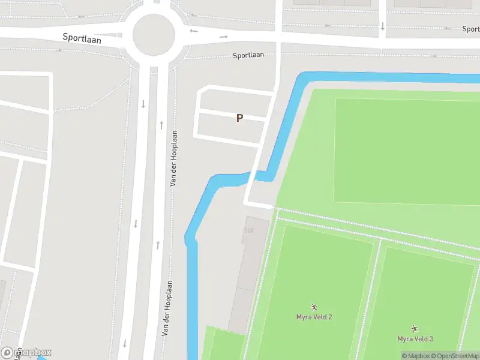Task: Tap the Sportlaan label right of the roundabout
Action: coord(249,55)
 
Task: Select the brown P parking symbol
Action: coord(239,118)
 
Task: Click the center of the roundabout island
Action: coord(154,35)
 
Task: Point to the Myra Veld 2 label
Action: coord(314,317)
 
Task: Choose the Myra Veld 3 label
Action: coord(415,339)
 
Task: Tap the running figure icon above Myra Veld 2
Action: coord(314,307)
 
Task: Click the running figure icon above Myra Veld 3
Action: coord(415,329)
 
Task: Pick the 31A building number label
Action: coord(248,230)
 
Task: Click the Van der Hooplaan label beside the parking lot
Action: coord(173,158)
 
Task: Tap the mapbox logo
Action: coord(27,352)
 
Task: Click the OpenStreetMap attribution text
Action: coord(458,356)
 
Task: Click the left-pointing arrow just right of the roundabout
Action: coord(193,31)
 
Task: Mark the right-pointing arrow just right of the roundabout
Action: coord(224,37)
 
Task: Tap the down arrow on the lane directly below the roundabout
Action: coord(143,104)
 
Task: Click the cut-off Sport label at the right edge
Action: coord(470,29)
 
